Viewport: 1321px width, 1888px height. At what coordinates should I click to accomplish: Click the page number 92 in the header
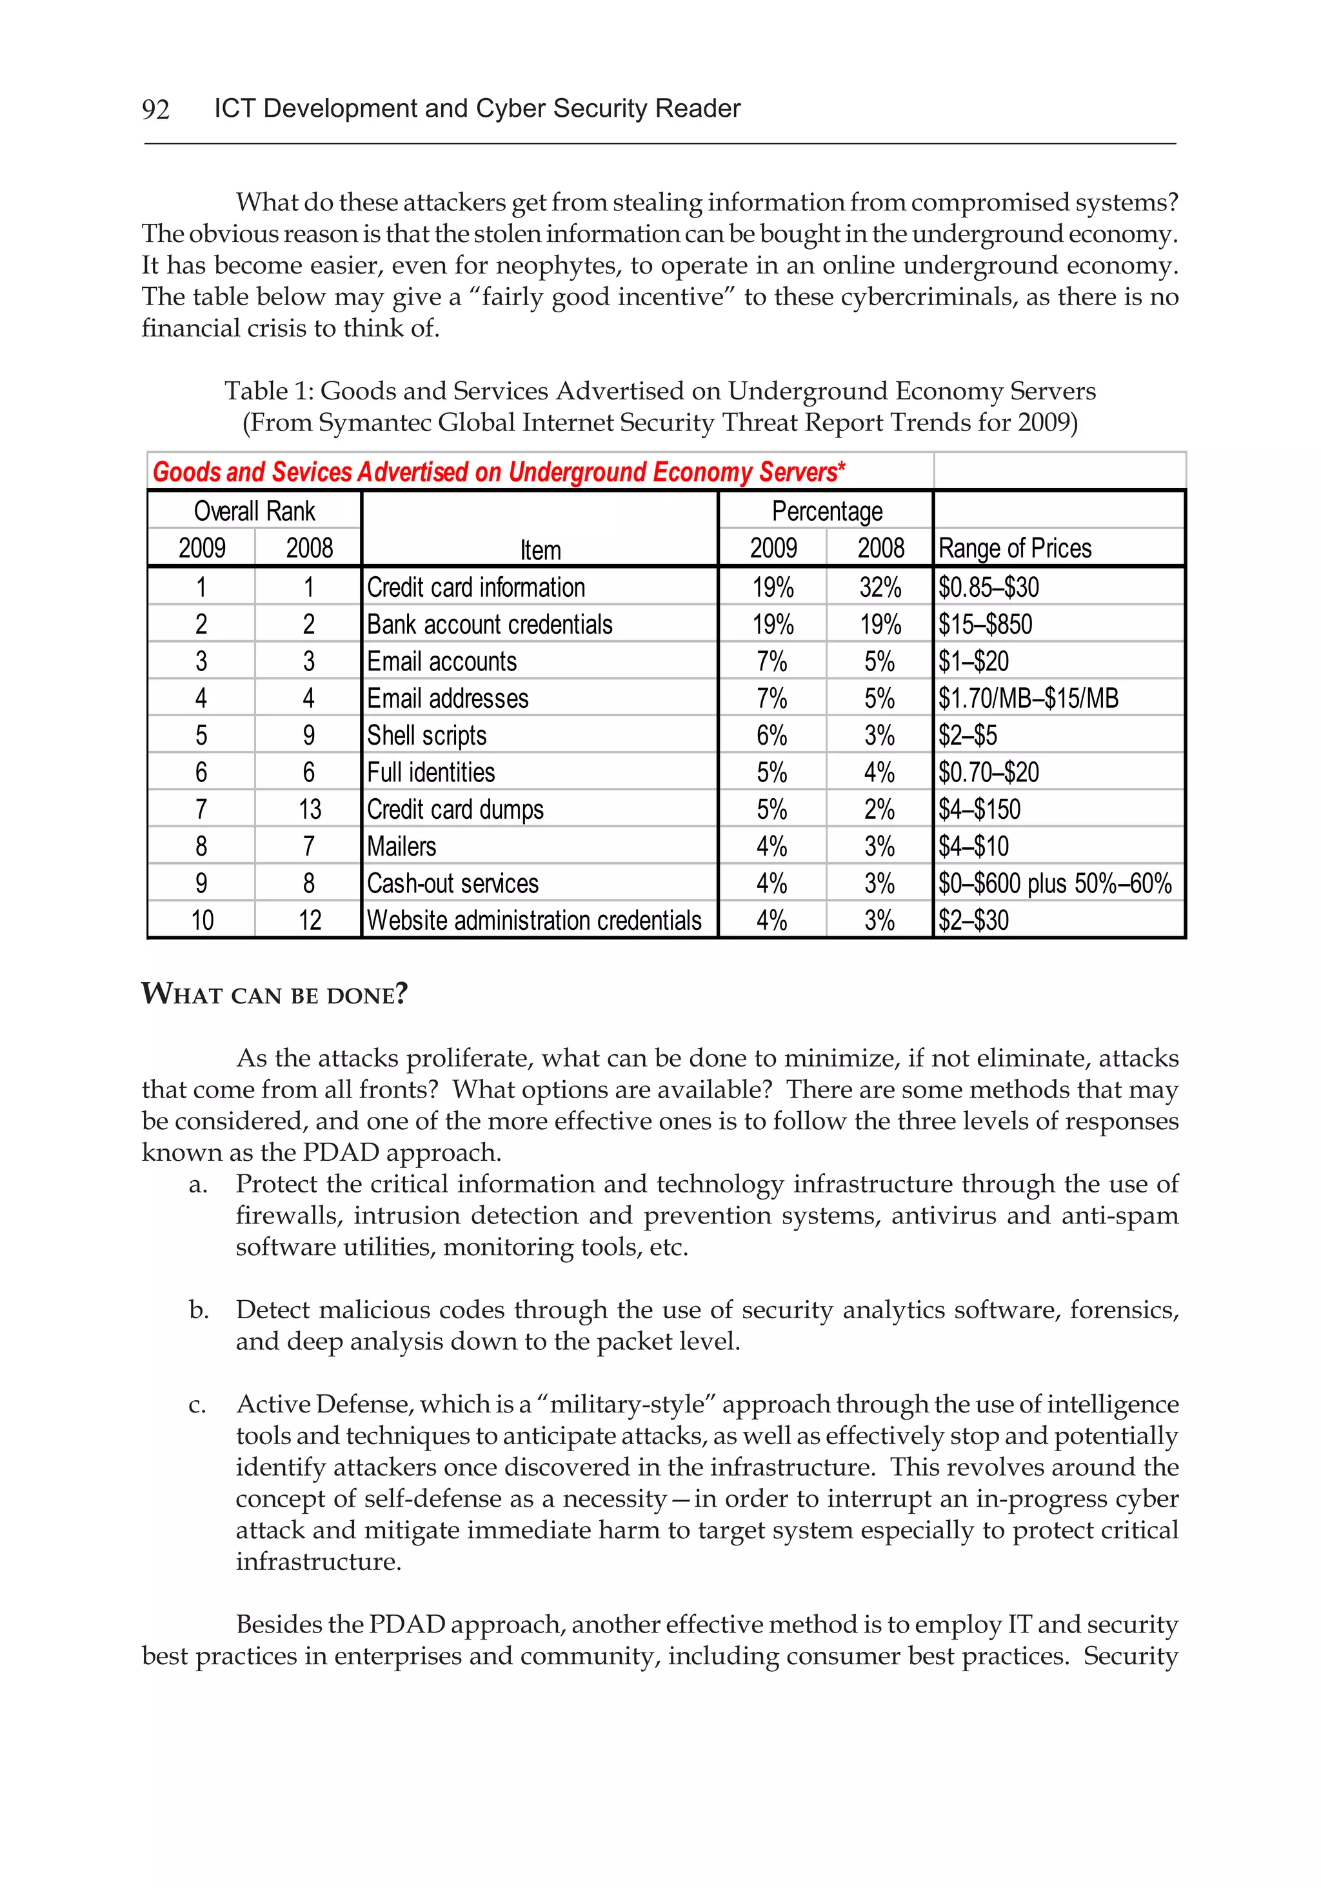[155, 109]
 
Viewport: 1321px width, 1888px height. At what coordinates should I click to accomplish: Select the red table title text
[498, 472]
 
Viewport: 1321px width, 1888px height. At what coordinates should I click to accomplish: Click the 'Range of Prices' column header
[1015, 548]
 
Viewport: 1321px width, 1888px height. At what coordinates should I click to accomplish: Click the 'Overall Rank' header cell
[254, 512]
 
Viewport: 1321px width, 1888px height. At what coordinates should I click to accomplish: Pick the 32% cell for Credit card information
[880, 587]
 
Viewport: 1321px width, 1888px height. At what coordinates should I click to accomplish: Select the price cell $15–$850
[985, 624]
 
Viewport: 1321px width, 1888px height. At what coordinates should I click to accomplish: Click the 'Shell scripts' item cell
[426, 735]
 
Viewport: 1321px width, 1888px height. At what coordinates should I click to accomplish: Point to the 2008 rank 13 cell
[309, 809]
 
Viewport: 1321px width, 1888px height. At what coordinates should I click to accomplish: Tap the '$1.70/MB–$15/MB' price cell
[1028, 698]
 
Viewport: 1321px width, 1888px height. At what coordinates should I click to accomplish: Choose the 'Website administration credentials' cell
[534, 920]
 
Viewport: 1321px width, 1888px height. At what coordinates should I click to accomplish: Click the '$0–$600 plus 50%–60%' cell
[1055, 883]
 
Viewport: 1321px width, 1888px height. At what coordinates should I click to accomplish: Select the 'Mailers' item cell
[401, 846]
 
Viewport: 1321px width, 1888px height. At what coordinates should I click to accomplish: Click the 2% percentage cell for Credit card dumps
[880, 809]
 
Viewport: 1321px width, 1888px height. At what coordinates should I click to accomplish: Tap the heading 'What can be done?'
[275, 994]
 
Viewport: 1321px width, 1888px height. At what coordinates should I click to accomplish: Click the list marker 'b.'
[198, 1310]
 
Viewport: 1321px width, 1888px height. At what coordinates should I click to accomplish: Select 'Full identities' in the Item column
[431, 772]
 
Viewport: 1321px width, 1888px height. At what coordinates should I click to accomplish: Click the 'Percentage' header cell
[826, 512]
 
